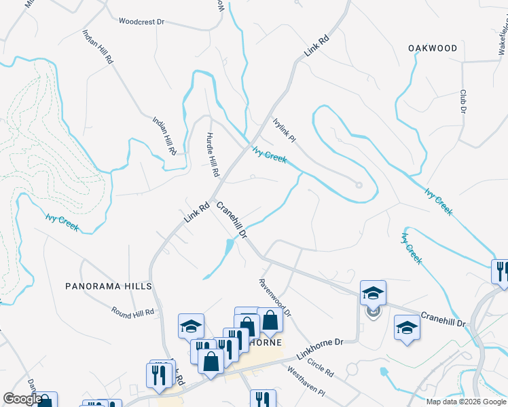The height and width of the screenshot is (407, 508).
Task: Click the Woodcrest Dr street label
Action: (x=141, y=22)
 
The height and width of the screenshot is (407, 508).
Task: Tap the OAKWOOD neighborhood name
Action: (x=433, y=48)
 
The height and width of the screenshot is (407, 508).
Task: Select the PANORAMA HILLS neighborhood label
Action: (x=108, y=287)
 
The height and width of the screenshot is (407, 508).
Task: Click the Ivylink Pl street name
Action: (x=284, y=130)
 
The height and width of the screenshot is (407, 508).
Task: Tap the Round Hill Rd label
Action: (x=133, y=311)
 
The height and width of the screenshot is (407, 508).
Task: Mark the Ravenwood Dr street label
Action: (x=274, y=298)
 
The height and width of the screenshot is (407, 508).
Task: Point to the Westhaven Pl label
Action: (x=306, y=383)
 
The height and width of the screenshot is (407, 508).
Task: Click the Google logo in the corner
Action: (x=22, y=399)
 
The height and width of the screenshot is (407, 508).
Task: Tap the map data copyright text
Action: (x=465, y=402)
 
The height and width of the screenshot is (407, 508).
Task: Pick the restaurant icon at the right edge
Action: (x=501, y=271)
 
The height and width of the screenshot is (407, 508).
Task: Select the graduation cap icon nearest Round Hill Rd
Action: (x=191, y=326)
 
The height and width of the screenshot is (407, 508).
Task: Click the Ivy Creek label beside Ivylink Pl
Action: (x=270, y=156)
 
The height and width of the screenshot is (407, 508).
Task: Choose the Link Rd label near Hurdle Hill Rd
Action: (x=196, y=214)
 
